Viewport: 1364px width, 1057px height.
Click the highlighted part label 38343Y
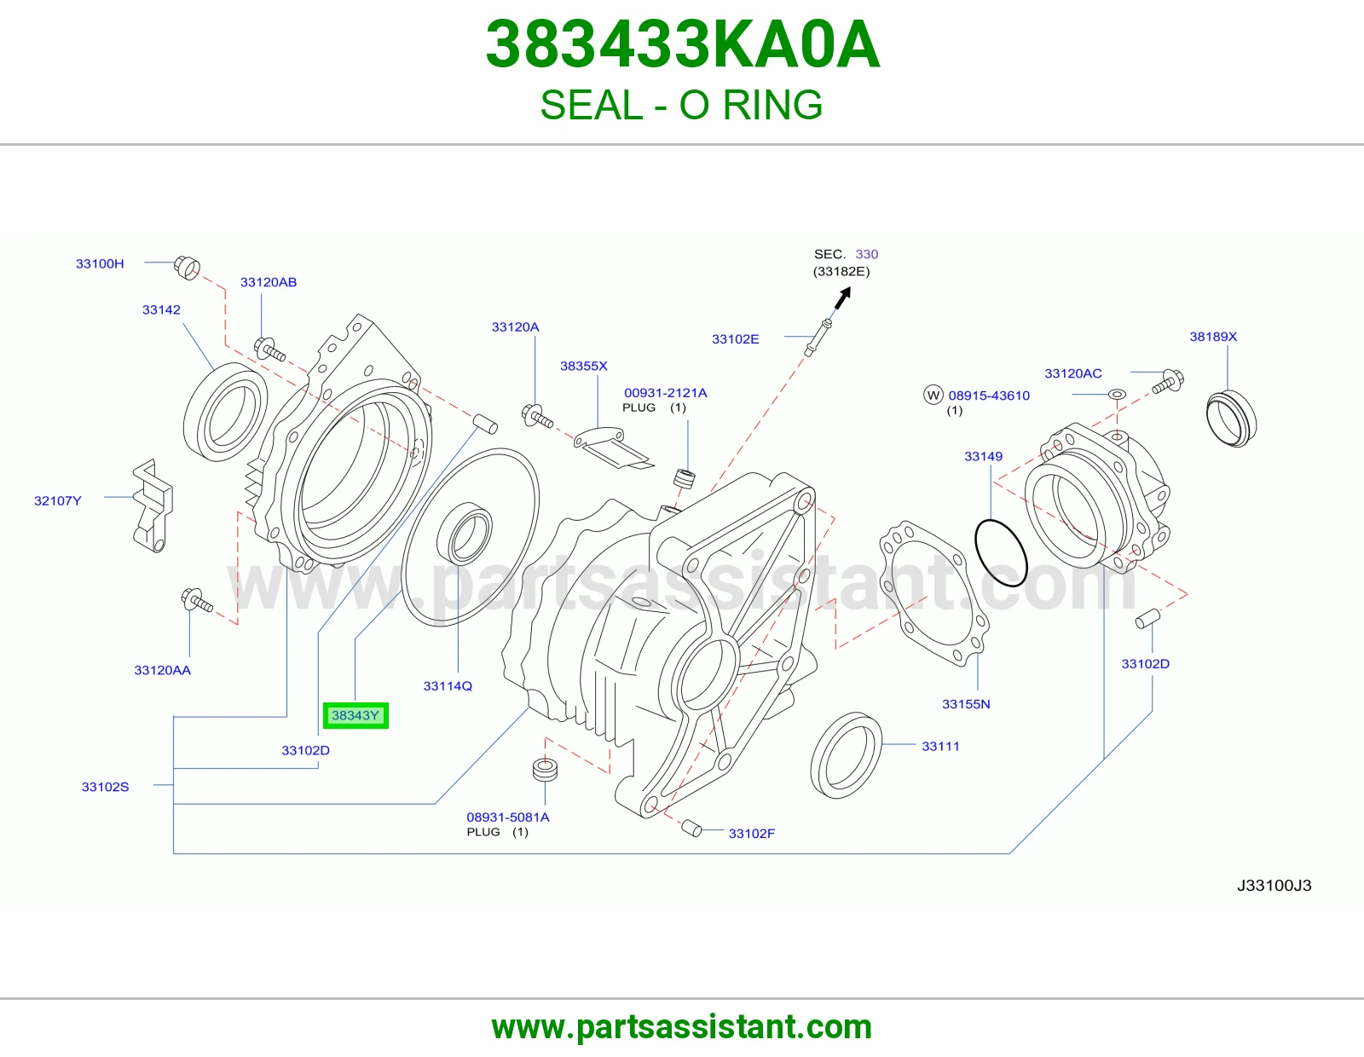[355, 715]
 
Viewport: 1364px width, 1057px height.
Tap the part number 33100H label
[100, 263]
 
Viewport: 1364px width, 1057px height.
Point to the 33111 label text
[940, 747]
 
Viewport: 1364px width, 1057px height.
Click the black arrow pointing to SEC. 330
[842, 297]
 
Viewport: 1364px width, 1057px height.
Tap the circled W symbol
[933, 396]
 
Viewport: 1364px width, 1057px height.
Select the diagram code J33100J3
[1274, 885]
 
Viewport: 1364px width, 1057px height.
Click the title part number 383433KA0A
[682, 44]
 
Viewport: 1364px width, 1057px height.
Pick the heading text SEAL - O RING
[681, 105]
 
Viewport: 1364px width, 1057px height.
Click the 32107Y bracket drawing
[153, 505]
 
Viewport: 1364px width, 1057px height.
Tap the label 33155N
[966, 704]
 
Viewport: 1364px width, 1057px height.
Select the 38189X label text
[1213, 337]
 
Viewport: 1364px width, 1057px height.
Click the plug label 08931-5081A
[508, 817]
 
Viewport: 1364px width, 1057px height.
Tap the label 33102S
[106, 787]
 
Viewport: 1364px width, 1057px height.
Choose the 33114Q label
[448, 686]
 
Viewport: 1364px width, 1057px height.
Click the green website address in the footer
[682, 1027]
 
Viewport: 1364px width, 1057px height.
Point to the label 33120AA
[163, 670]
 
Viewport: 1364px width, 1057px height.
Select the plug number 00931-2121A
[665, 393]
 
